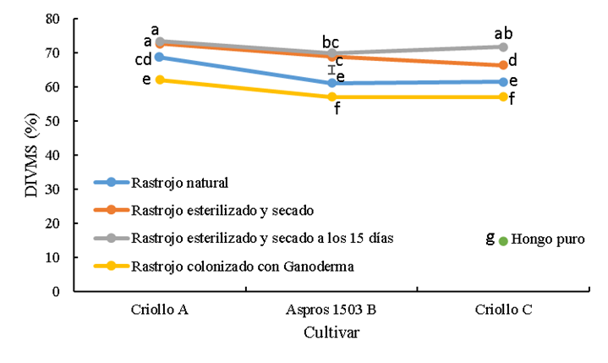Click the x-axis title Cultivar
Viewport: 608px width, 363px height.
[x=331, y=333]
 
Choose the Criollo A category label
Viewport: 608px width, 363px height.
[x=159, y=310]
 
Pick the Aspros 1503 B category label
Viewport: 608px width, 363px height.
[x=331, y=310]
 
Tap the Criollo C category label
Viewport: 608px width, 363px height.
[x=503, y=310]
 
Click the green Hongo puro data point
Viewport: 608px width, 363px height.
[x=503, y=241]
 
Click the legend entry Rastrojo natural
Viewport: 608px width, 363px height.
[x=181, y=182]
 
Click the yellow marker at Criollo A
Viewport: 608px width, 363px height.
[x=159, y=80]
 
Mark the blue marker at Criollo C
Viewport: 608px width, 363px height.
[x=503, y=82]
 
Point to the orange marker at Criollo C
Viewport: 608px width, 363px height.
[x=503, y=65]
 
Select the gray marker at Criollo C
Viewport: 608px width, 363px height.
[x=503, y=47]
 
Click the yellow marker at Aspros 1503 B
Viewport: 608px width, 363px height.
[x=331, y=97]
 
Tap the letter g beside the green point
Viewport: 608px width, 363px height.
[x=490, y=238]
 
